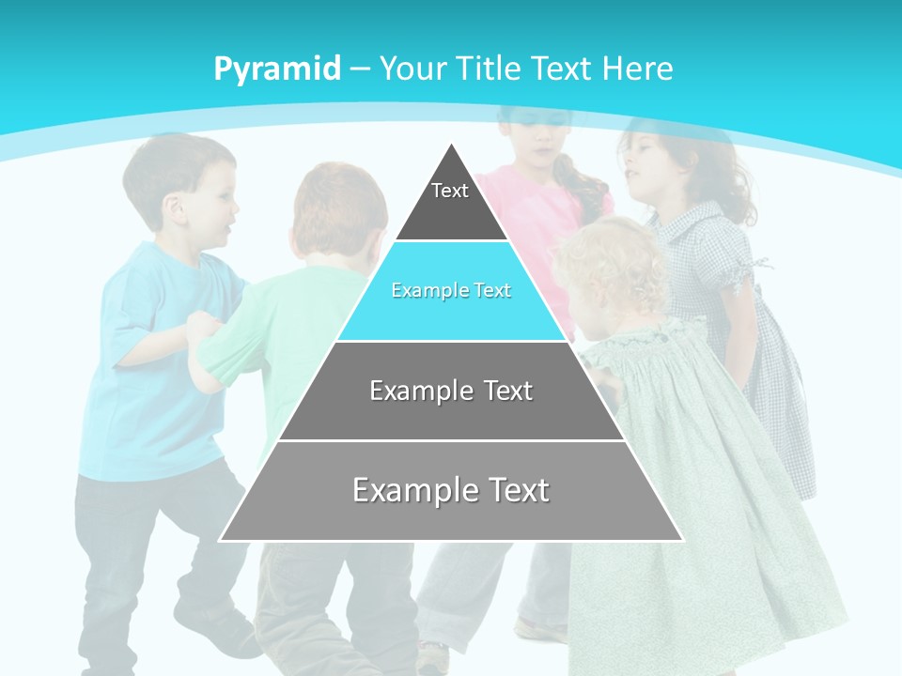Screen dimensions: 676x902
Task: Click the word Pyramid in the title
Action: point(276,69)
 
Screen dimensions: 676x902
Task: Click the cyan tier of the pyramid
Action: point(451,291)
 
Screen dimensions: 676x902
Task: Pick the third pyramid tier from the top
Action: point(451,391)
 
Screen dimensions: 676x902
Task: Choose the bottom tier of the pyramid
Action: point(451,490)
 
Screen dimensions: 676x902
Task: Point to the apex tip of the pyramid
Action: point(452,146)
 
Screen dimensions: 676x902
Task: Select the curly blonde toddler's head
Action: point(611,268)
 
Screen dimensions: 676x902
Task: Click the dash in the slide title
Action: point(361,69)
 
